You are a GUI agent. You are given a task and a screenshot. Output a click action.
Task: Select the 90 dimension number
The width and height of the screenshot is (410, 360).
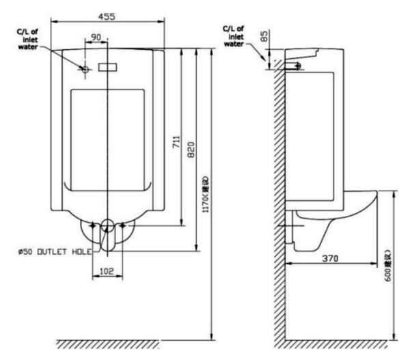(x=96, y=37)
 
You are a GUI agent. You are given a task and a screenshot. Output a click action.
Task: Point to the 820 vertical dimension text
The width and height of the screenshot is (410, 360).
(x=191, y=147)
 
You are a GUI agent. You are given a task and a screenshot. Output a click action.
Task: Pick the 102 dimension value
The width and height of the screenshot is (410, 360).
(x=106, y=271)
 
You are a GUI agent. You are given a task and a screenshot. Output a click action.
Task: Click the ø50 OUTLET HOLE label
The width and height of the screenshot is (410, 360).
(x=55, y=251)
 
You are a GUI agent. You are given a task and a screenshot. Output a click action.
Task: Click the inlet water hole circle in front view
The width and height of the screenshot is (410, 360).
(x=85, y=69)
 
